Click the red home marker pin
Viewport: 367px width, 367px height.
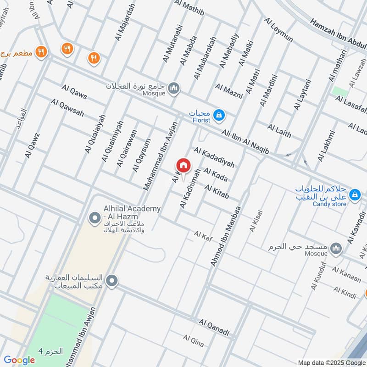183,165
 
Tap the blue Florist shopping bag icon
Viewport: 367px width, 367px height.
219,114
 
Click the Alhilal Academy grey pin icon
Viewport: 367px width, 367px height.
95,217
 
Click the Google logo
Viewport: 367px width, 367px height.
19,360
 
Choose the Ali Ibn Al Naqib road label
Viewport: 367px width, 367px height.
245,141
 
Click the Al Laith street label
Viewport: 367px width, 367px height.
279,130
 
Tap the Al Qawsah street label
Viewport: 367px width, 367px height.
67,107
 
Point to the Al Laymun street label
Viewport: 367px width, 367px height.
278,30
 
